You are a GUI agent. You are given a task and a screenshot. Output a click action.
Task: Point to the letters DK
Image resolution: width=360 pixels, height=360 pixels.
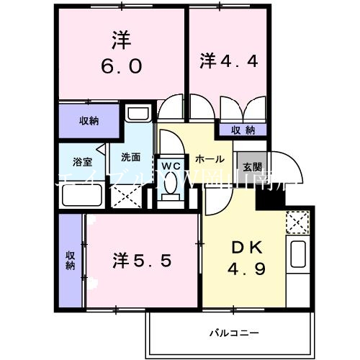[x=246, y=247]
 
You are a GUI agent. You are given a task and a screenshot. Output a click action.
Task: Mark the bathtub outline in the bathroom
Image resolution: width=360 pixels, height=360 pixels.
[x=80, y=194]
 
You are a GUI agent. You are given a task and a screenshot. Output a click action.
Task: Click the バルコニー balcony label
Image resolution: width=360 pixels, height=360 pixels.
[x=235, y=333]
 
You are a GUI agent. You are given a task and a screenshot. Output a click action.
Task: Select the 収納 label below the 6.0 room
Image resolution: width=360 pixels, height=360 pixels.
[x=89, y=120]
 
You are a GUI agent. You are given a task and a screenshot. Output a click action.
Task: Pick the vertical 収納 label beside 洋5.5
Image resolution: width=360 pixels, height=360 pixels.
[x=71, y=260]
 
